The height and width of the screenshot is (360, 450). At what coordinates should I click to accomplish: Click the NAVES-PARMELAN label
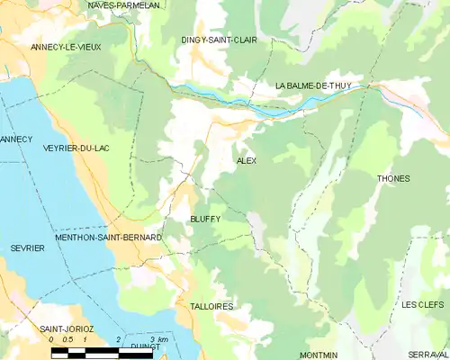(123, 5)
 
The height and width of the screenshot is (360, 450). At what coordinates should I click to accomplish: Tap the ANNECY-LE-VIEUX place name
(66, 46)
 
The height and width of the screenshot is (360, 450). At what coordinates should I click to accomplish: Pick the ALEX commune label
(246, 160)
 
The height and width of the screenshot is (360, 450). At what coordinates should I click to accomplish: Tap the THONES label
(393, 178)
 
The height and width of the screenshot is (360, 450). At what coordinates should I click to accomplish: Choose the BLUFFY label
(204, 219)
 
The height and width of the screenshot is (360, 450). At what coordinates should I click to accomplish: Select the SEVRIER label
(27, 247)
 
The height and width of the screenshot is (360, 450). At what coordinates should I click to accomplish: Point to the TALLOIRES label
(211, 307)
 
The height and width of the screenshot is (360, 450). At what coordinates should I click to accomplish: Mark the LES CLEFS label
(423, 305)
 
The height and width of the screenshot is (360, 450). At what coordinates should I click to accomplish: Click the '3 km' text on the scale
(159, 338)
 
